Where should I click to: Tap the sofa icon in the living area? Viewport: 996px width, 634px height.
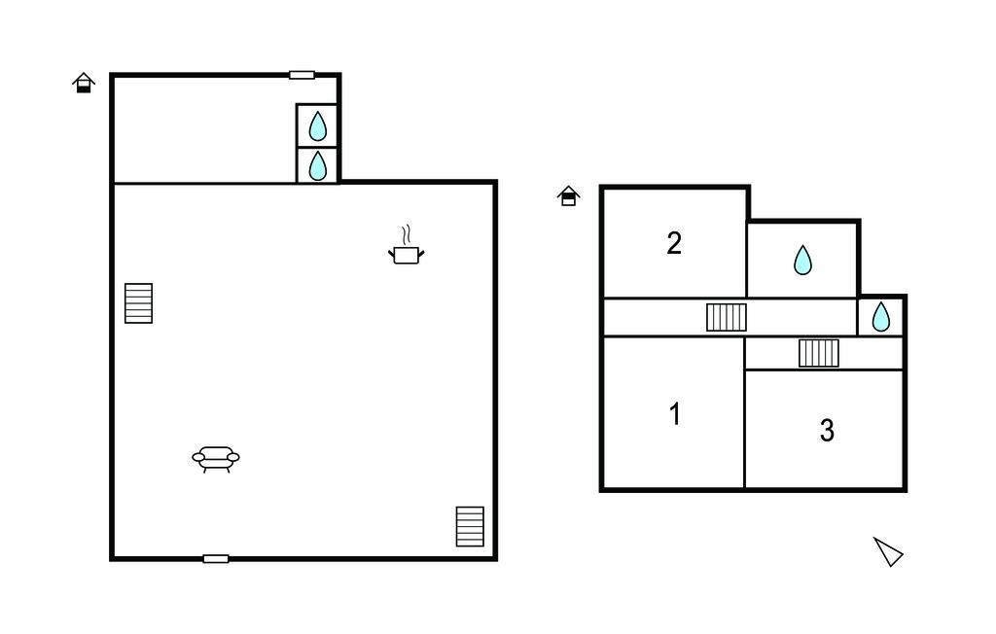216,459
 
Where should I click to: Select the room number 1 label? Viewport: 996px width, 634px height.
675,413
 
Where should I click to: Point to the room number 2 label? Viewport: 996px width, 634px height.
674,243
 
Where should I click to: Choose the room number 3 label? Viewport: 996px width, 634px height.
827,430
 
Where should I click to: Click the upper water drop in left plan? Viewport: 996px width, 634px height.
318,125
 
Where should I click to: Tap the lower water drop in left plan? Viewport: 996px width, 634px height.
318,166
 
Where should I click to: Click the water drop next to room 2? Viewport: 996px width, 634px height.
802,260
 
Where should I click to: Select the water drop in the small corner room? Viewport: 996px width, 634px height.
881,316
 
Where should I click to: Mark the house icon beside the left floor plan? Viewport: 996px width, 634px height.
84,83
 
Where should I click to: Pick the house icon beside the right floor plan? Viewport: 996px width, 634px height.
568,195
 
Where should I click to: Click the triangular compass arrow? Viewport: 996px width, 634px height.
887,551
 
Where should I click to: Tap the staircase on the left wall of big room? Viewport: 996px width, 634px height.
138,303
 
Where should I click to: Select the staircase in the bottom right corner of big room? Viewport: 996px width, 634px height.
470,526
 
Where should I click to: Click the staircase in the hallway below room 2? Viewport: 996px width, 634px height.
727,317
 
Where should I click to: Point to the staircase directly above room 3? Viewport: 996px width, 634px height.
819,353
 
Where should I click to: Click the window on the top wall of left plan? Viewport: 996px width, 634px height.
302,75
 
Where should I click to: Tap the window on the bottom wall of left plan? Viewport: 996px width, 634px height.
216,559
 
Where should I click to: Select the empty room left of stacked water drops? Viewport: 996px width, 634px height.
204,130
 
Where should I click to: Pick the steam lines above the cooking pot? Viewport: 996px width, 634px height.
407,234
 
